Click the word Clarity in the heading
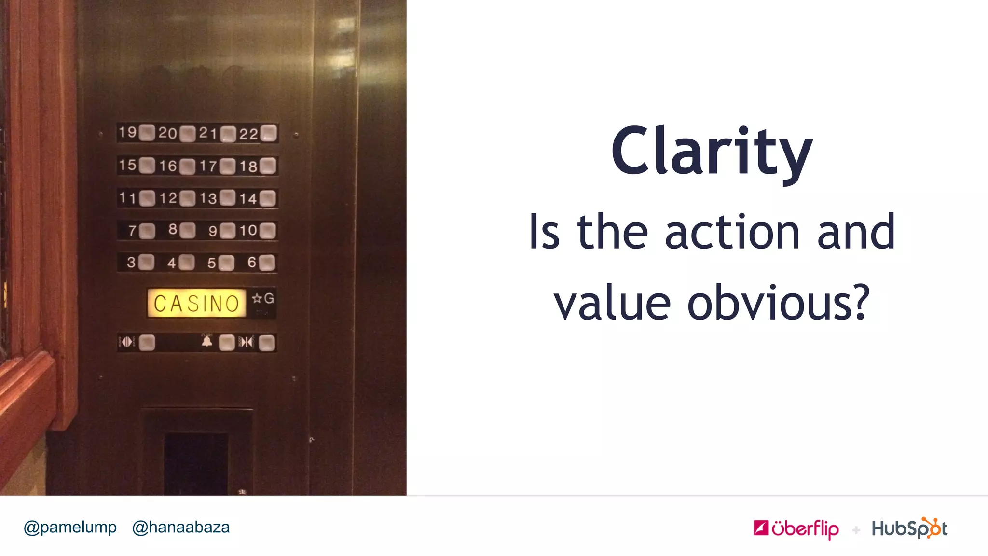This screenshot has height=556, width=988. click(x=712, y=152)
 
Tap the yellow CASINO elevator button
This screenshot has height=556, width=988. click(x=196, y=303)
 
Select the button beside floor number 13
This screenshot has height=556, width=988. click(x=227, y=198)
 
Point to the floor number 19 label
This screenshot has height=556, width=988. click(x=128, y=132)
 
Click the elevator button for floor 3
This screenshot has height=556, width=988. click(x=147, y=263)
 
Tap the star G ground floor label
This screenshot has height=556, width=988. click(x=263, y=299)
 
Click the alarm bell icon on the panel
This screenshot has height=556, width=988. click(x=207, y=342)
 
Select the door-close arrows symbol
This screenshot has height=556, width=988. click(x=247, y=342)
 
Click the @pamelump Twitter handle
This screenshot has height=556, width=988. click(x=70, y=527)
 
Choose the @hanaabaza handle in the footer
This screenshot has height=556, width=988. click(x=181, y=527)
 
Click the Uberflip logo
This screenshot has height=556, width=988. click(x=796, y=528)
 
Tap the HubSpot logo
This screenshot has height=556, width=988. click(x=909, y=528)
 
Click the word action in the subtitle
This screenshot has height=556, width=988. click(x=733, y=233)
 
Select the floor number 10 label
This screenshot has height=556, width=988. click(x=248, y=230)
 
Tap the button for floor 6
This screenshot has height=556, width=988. click(x=267, y=263)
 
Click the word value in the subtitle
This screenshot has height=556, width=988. click(x=612, y=303)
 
